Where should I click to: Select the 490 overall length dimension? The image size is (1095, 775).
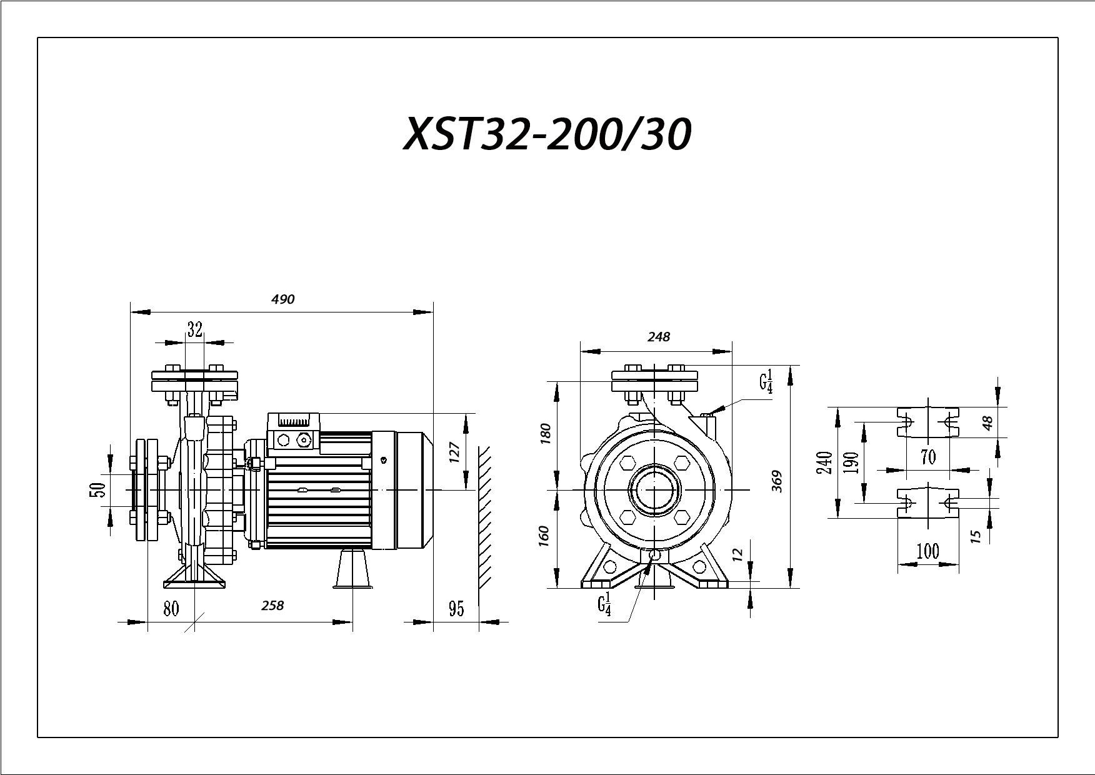[x=282, y=299]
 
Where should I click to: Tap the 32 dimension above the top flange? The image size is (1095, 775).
[x=195, y=329]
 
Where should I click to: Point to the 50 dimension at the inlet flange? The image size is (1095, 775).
[x=97, y=491]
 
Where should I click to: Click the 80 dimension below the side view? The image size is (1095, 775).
[x=171, y=608]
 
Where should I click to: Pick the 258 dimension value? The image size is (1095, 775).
[x=272, y=606]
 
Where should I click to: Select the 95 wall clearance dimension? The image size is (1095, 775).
[x=457, y=609]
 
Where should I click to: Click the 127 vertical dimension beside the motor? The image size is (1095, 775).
[x=454, y=452]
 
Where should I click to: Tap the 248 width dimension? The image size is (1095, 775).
[x=659, y=337]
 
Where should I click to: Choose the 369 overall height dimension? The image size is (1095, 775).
[x=777, y=481]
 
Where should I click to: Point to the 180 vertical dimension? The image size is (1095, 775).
[x=545, y=434]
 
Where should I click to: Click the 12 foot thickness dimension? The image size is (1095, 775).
[x=737, y=554]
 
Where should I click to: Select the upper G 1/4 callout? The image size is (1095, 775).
[x=767, y=381]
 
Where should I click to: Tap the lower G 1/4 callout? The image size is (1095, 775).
[x=604, y=606]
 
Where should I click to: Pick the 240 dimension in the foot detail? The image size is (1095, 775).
[x=825, y=462]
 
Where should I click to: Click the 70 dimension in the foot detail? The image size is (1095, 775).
[x=929, y=457]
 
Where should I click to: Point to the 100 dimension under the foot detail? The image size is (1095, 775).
[x=928, y=551]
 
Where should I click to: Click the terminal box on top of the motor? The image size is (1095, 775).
[x=293, y=432]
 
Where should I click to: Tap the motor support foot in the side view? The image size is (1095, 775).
[x=353, y=568]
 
